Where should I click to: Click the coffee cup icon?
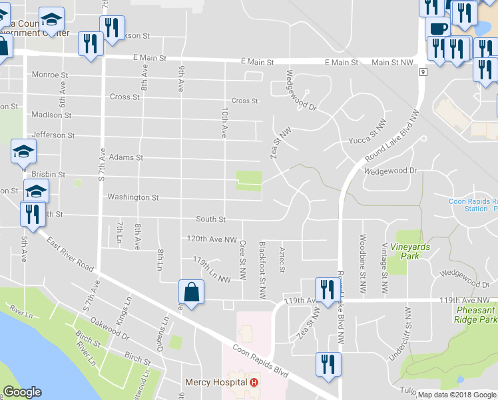[x=437, y=29]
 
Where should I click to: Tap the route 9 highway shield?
[x=423, y=70]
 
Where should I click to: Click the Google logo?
[x=22, y=392]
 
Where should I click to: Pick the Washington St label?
[x=133, y=197]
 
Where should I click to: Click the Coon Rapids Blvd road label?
[x=260, y=361]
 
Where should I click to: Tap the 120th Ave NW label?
[x=212, y=239]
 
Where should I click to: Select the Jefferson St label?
[x=53, y=135]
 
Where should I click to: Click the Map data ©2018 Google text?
[x=457, y=395]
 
